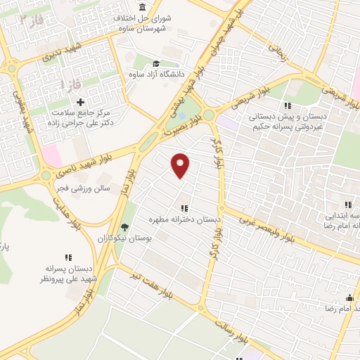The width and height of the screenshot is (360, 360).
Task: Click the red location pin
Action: point(181,165)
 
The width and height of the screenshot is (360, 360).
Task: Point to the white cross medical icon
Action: point(80,102)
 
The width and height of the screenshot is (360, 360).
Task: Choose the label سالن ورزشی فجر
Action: point(80,188)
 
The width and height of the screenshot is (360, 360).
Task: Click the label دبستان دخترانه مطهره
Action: point(184,220)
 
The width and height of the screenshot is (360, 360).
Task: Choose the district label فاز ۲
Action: point(31,20)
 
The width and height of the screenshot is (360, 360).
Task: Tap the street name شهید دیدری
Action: point(60,50)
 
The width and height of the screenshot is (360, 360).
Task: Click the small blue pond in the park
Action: point(182,115)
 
